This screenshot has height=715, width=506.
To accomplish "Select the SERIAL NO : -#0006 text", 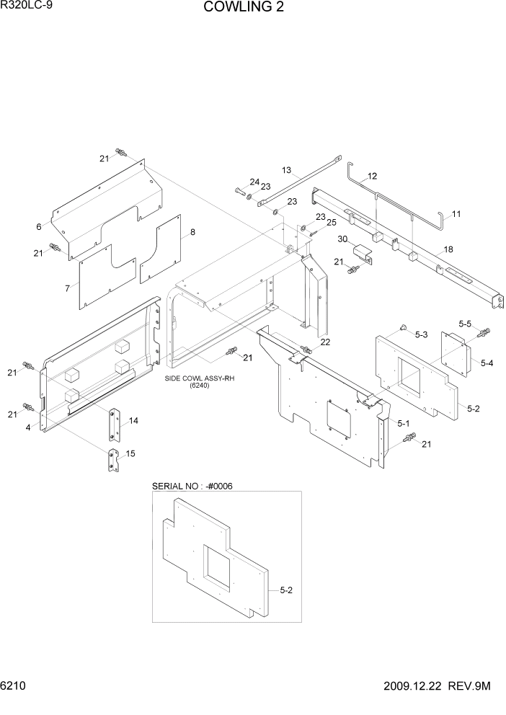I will tap(192, 486).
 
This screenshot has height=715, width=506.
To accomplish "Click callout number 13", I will tap(286, 171).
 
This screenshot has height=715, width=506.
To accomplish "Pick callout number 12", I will tap(372, 176).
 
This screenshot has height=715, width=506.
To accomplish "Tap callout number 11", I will tap(456, 214).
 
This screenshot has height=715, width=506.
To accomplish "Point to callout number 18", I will tap(448, 249).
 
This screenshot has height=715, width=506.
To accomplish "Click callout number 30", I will tap(343, 239).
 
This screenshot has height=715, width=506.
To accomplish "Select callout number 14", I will tap(133, 420).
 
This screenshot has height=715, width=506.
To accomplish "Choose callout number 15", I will tap(130, 453).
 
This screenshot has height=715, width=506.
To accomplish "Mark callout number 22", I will tap(325, 342).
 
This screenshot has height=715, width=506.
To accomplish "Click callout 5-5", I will tap(465, 324).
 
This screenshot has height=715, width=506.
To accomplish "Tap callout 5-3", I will tap(422, 334).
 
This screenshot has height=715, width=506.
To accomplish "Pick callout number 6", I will tap(39, 227).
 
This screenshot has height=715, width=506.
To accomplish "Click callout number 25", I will tap(331, 223).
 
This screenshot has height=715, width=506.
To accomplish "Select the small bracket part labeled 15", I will tap(113, 461).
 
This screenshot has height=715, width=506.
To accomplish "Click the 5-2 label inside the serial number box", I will tap(285, 590).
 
